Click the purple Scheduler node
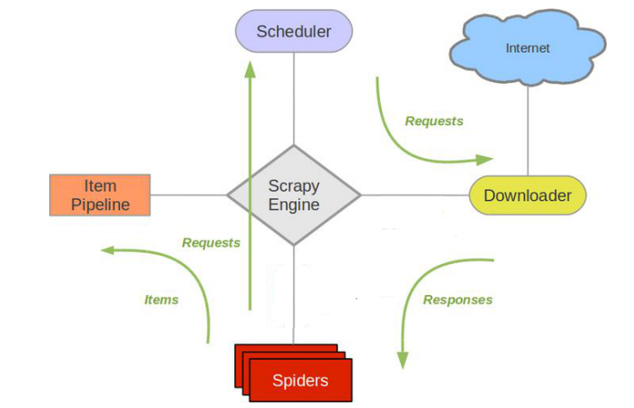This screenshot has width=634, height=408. click(x=294, y=31)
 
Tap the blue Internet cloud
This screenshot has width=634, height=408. click(x=527, y=48)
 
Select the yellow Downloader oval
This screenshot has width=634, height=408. click(x=527, y=196)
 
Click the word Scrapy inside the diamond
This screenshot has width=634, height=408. click(x=294, y=185)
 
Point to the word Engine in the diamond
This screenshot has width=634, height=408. click(x=294, y=205)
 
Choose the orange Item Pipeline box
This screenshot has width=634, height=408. click(x=100, y=195)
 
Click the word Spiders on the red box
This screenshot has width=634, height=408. click(x=300, y=380)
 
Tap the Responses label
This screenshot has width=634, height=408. click(x=457, y=300)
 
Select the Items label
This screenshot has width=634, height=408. click(x=161, y=300)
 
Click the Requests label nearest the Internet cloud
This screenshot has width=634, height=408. click(x=434, y=122)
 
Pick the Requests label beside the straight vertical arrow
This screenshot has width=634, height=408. click(x=211, y=243)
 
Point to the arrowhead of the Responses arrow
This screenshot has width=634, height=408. click(x=402, y=359)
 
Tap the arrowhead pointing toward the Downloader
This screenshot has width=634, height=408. click(x=485, y=160)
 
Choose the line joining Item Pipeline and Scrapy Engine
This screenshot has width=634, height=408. click(x=188, y=195)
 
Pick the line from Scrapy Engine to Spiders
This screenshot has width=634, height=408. click(x=294, y=293)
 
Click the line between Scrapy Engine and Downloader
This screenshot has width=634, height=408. click(x=415, y=195)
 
